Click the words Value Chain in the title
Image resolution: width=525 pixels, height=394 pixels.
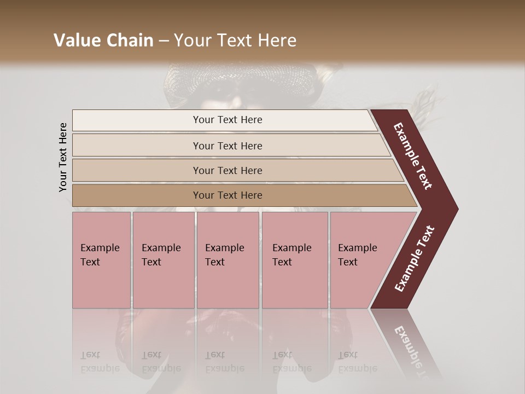103,40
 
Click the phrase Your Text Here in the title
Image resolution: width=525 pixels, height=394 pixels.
235,40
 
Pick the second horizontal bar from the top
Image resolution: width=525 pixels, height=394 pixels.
227,146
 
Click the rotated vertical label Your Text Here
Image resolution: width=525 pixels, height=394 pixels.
63,158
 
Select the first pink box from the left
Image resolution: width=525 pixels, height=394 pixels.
101,259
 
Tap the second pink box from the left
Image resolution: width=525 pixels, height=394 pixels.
163,259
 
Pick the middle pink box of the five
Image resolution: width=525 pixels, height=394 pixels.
227,259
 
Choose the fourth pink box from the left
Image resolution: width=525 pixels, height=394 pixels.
295,259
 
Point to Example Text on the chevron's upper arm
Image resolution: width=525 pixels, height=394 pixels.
413,156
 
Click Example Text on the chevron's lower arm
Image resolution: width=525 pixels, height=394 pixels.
415,259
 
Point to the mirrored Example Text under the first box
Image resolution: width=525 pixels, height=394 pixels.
100,362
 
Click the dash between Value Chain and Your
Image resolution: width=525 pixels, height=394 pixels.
164,40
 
